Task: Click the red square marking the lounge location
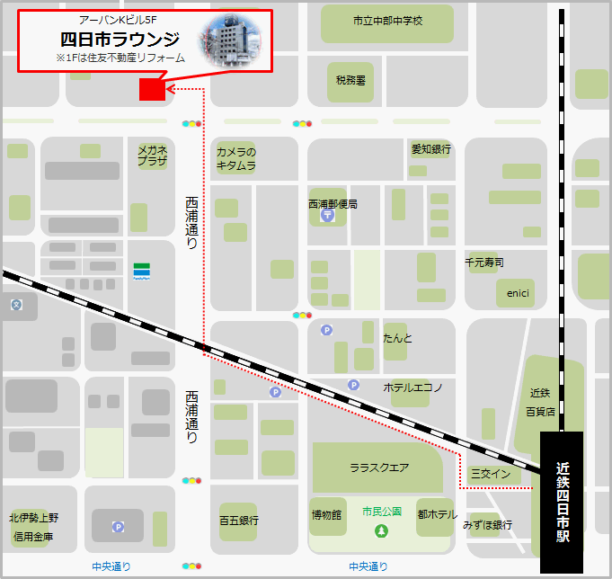pos(152,88)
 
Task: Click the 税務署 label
pos(350,80)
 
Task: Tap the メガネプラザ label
pos(152,156)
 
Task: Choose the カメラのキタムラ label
pos(235,159)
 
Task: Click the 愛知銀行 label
pos(430,149)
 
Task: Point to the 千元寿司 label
pos(484,263)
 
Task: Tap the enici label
pos(518,293)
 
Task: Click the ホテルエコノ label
pos(413,387)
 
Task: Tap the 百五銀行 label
pos(239,520)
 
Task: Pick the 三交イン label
pos(490,474)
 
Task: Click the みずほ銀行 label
pos(487,524)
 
